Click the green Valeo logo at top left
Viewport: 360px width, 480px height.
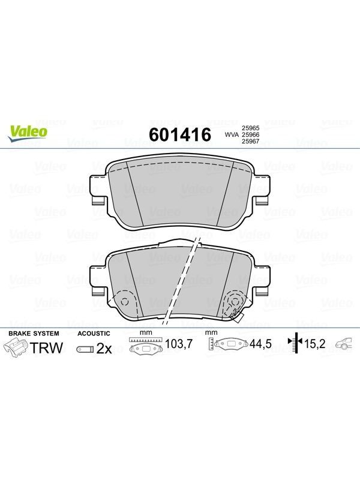(x=28, y=134)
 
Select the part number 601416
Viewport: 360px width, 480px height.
(x=180, y=134)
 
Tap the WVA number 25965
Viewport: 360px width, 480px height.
(x=251, y=128)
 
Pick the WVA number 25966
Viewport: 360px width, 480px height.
(x=251, y=134)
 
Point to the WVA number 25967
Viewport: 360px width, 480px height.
(x=251, y=142)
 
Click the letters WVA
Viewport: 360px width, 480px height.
(x=232, y=134)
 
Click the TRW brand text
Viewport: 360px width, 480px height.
(x=47, y=348)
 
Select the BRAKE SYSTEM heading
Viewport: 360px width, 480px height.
(x=34, y=334)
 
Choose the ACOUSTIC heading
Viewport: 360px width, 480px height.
(x=94, y=334)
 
